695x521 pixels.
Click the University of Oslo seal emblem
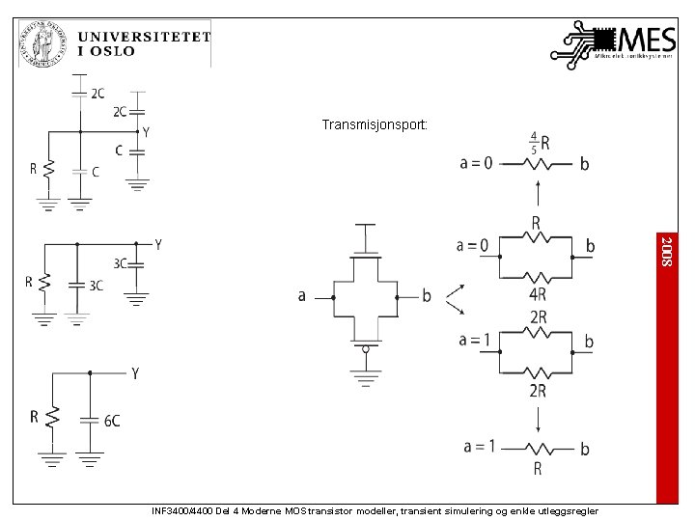click(x=43, y=43)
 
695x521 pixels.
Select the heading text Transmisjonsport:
click(x=375, y=124)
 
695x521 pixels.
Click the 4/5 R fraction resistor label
click(x=540, y=143)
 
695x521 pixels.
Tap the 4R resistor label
click(x=538, y=295)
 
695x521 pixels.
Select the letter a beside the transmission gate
click(x=302, y=296)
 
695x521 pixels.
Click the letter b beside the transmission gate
click(x=427, y=296)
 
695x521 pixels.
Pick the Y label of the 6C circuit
click(x=135, y=373)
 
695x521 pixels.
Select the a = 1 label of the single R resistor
click(x=479, y=446)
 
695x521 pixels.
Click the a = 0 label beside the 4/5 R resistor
click(x=475, y=163)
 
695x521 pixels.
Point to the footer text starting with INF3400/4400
click(x=375, y=510)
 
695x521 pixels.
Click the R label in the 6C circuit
click(x=34, y=417)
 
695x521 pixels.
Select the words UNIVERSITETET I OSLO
click(x=144, y=43)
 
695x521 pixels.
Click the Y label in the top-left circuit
click(x=146, y=131)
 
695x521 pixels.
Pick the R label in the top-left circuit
click(x=33, y=169)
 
